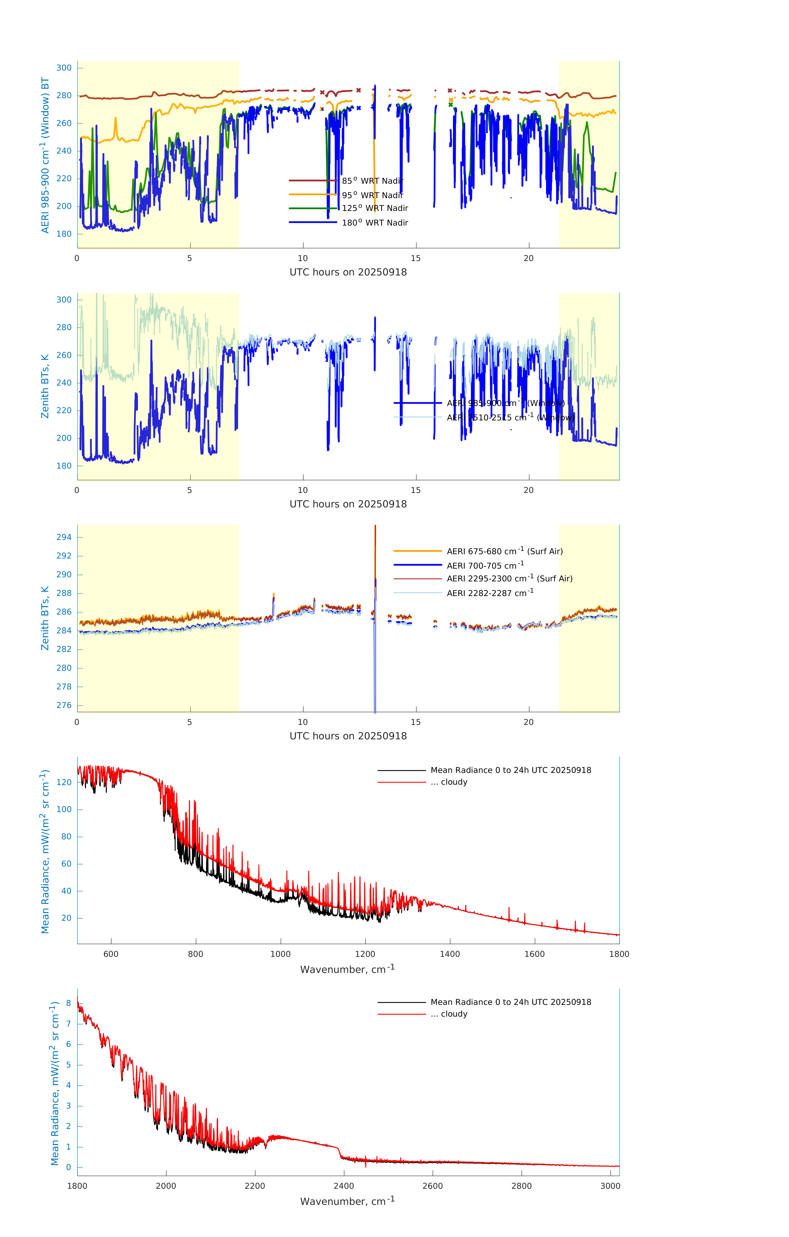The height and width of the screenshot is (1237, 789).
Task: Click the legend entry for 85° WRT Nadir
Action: point(372,181)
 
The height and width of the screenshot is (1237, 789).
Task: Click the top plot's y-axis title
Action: point(45,155)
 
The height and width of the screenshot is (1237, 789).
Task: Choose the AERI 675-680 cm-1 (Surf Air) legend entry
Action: point(504,551)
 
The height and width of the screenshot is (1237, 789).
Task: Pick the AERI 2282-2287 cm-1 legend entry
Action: point(490,593)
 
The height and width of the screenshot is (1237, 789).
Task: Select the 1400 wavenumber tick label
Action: point(450,954)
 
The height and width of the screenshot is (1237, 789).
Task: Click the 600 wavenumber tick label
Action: point(111,954)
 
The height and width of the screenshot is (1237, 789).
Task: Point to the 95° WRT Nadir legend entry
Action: point(372,195)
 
